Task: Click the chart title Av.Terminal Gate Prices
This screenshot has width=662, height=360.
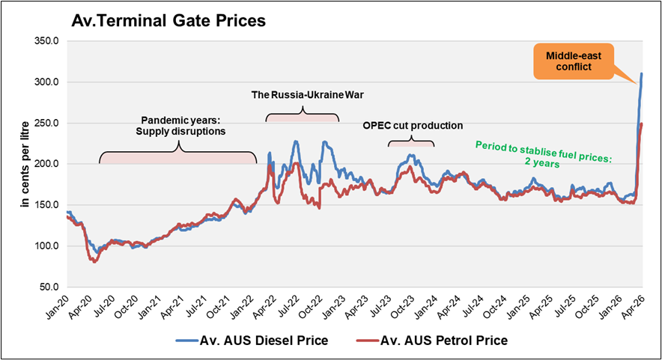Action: [168, 21]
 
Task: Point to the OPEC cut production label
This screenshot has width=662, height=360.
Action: [412, 126]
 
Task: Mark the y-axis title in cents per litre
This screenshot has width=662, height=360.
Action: [25, 164]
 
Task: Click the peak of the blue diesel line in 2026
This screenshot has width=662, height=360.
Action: [641, 74]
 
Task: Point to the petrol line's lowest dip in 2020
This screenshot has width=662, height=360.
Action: [94, 261]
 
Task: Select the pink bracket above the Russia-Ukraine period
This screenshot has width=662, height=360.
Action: [303, 117]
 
